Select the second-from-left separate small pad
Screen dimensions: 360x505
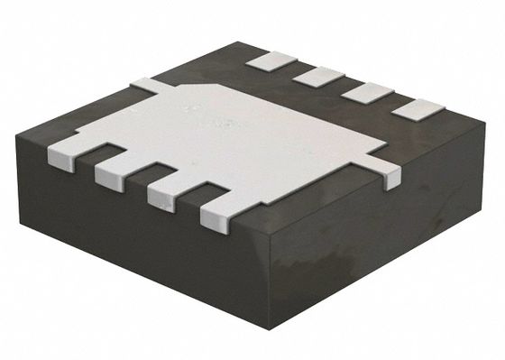(x=318, y=75)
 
